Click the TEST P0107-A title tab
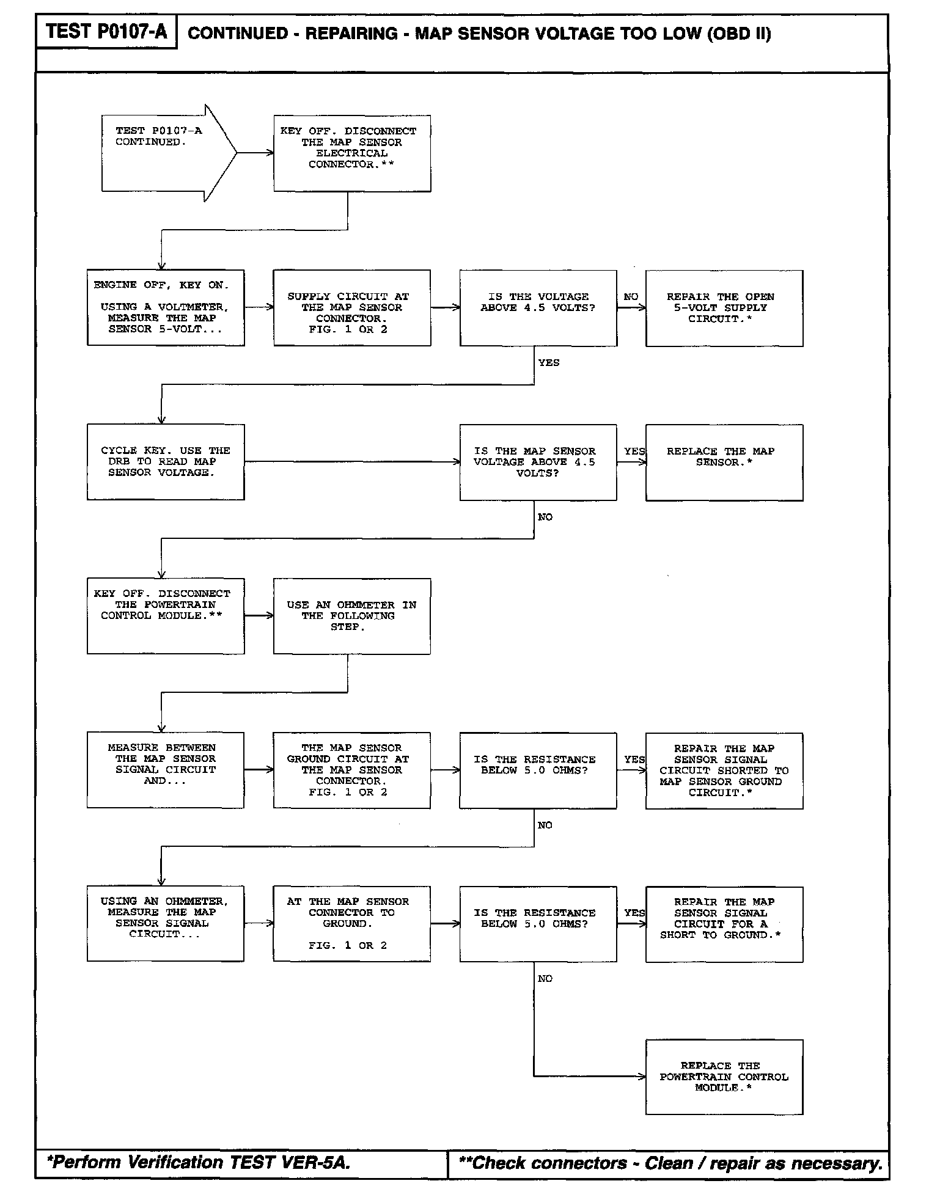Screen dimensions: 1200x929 106,32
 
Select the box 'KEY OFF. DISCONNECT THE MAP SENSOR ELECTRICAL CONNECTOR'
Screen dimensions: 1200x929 352,153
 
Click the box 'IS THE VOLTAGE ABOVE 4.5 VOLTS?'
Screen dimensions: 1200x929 538,308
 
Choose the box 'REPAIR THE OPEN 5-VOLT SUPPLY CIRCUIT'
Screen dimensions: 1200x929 724,308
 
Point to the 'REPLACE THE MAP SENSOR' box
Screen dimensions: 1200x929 724,463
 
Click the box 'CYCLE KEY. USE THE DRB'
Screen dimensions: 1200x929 166,462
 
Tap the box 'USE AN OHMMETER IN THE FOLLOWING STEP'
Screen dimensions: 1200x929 352,616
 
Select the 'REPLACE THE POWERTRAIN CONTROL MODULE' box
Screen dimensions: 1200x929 724,1077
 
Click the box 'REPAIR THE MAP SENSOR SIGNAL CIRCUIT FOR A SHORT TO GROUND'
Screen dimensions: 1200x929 724,924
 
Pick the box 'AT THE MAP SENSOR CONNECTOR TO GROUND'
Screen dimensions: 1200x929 352,923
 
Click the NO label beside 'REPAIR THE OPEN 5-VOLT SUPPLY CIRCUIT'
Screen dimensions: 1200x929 631,297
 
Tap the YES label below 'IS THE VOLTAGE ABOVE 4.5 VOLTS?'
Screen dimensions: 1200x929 548,363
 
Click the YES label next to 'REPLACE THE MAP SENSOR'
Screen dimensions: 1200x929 634,452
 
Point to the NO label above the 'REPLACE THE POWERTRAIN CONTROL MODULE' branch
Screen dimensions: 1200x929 545,979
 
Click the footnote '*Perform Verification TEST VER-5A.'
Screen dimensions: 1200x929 199,1162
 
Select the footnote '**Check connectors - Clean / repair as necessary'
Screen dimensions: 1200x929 670,1163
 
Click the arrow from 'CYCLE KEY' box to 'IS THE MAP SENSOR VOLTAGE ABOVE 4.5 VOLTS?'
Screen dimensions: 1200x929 352,462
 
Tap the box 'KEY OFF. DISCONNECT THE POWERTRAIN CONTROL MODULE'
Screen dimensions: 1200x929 166,616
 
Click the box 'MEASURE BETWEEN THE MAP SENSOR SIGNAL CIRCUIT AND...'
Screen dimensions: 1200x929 166,770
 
